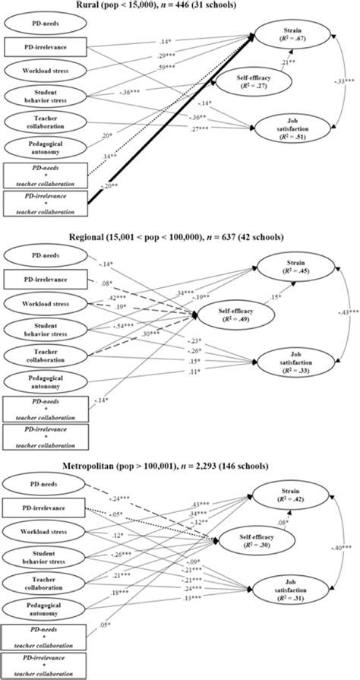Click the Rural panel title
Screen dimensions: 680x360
[182, 7]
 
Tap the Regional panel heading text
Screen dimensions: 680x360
[181, 236]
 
